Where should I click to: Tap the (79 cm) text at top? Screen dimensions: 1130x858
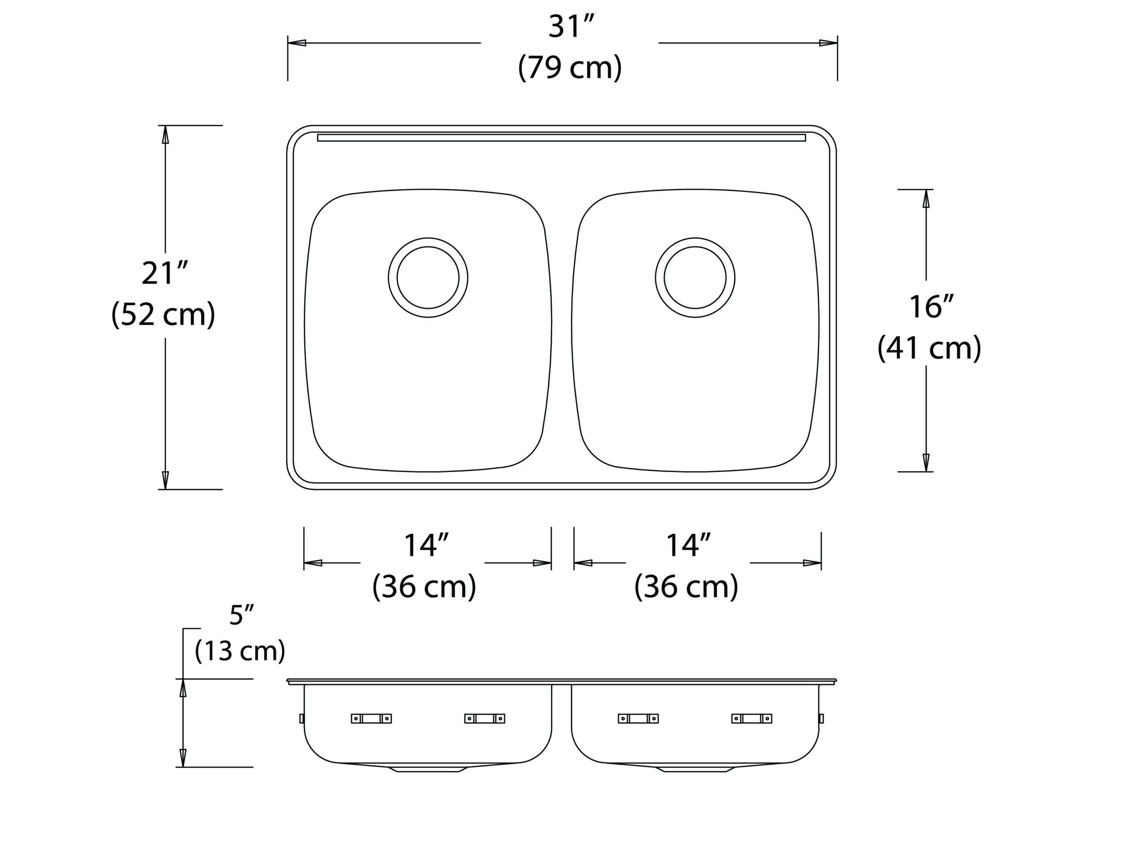[570, 67]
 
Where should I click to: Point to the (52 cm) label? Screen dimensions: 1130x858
[163, 314]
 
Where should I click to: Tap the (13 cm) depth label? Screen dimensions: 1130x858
[240, 651]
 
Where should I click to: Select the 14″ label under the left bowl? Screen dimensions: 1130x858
[426, 545]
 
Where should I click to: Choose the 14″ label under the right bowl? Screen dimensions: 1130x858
[688, 545]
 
